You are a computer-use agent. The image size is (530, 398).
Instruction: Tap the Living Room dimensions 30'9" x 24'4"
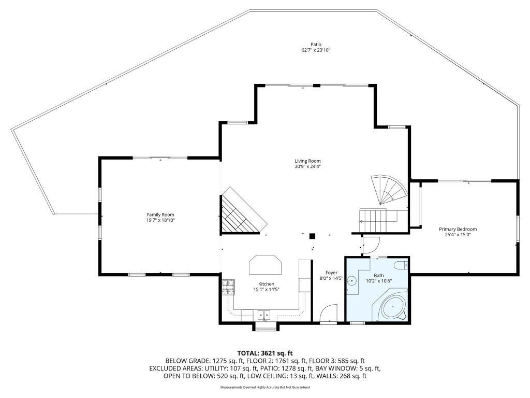(312, 167)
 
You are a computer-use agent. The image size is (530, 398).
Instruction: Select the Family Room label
(160, 215)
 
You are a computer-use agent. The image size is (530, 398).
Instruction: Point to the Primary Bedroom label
(458, 229)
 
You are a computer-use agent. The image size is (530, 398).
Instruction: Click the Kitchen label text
(266, 284)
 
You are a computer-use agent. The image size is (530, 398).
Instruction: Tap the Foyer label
(331, 273)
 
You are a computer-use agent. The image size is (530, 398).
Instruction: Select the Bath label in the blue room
(379, 275)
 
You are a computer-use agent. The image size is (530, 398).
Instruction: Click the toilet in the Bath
(401, 266)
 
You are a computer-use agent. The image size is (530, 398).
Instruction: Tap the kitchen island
(266, 265)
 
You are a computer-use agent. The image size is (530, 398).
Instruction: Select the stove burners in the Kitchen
(228, 287)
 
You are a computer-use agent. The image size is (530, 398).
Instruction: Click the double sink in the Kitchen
(264, 315)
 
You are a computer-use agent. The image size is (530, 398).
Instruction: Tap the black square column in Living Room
(312, 236)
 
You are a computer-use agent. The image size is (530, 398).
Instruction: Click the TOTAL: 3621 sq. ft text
(265, 353)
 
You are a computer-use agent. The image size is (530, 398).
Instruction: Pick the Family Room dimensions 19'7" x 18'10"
(160, 220)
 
